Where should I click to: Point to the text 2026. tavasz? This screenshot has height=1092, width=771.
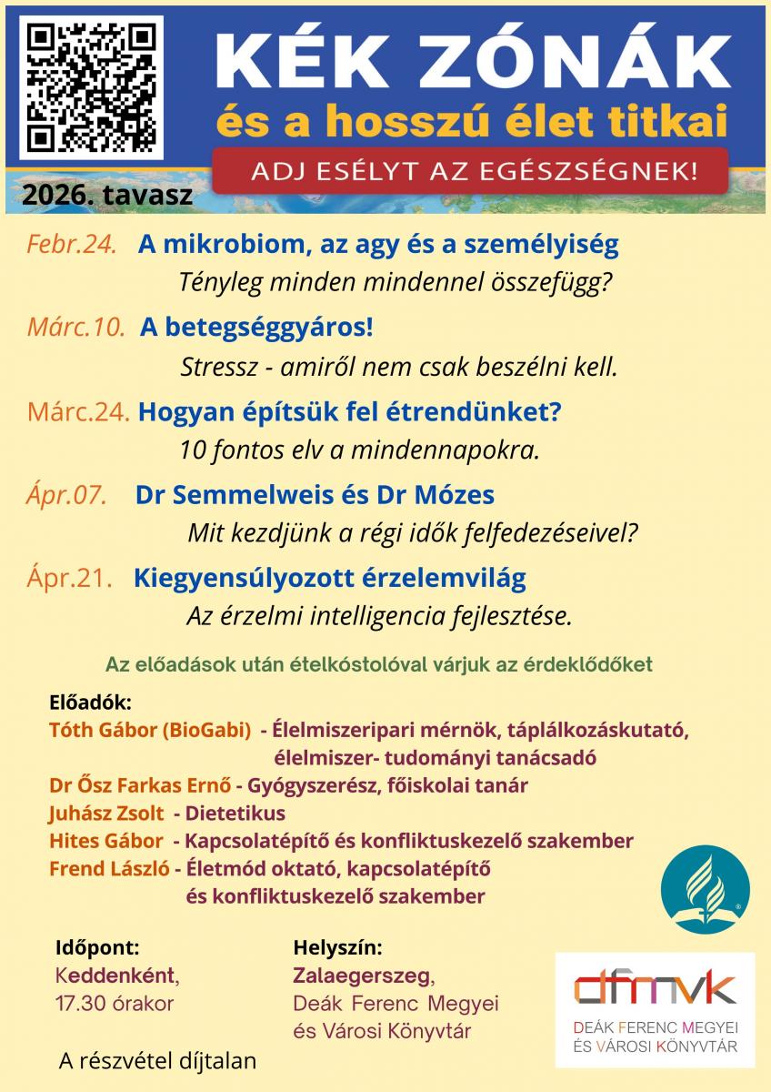[108, 194]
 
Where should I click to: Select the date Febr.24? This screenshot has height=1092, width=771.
[71, 245]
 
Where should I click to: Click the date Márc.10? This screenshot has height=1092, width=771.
[75, 329]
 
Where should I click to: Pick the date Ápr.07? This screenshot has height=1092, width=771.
[67, 495]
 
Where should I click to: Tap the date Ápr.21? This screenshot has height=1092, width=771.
[70, 578]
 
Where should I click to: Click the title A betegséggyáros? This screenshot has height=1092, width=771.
[256, 329]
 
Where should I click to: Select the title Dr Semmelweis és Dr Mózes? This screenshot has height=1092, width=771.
[315, 495]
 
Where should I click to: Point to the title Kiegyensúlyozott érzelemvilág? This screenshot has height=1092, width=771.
[330, 578]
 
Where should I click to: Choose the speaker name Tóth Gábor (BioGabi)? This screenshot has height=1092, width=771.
[150, 730]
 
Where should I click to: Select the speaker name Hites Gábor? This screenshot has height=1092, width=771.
[106, 841]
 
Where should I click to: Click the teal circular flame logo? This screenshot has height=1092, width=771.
[705, 887]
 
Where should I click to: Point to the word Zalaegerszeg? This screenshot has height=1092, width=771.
[363, 976]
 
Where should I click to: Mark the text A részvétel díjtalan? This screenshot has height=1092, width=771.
[156, 1060]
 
